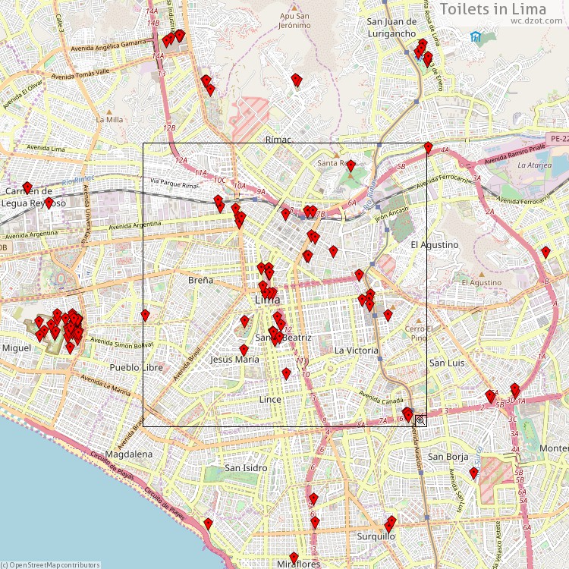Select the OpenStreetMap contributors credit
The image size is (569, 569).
(52, 564)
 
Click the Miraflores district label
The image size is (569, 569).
(297, 564)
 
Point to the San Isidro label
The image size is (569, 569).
(246, 468)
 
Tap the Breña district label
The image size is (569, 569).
(200, 280)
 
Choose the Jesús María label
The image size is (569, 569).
(234, 359)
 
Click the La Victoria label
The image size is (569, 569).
(356, 351)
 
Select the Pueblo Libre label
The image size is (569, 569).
(136, 367)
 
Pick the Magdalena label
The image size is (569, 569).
(129, 454)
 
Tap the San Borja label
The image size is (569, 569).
(446, 457)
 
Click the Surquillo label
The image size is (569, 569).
(376, 536)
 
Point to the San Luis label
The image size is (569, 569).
(447, 363)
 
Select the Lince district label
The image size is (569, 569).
(269, 399)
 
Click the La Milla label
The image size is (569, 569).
(109, 119)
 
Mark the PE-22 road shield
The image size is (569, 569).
(559, 139)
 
